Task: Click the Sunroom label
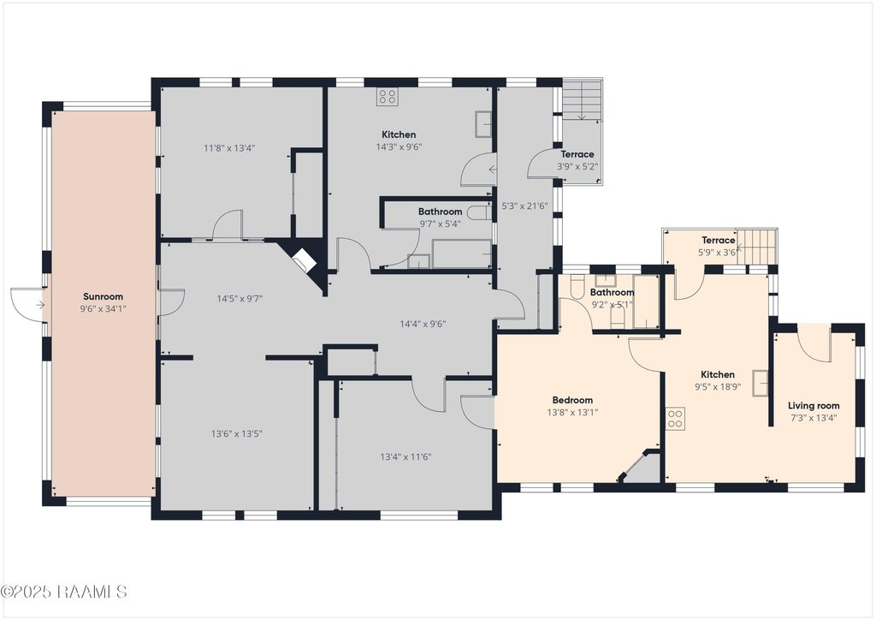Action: click(103, 297)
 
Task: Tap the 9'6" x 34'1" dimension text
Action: click(103, 308)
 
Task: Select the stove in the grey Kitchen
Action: click(387, 97)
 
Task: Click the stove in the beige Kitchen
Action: click(676, 420)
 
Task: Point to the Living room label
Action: click(814, 406)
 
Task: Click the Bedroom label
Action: click(572, 400)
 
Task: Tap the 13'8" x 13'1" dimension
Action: click(572, 413)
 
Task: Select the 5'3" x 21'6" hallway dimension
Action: click(524, 206)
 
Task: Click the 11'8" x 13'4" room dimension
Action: click(229, 148)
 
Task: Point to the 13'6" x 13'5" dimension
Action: click(237, 433)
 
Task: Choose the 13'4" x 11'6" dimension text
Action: click(405, 456)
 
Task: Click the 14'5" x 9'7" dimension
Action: click(240, 299)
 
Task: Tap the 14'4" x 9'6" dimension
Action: click(423, 324)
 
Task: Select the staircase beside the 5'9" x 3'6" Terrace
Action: click(756, 247)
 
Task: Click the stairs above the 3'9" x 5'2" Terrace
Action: click(582, 99)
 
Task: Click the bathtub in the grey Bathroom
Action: click(461, 254)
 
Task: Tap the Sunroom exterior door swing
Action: click(27, 305)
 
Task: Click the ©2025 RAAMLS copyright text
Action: click(64, 592)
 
